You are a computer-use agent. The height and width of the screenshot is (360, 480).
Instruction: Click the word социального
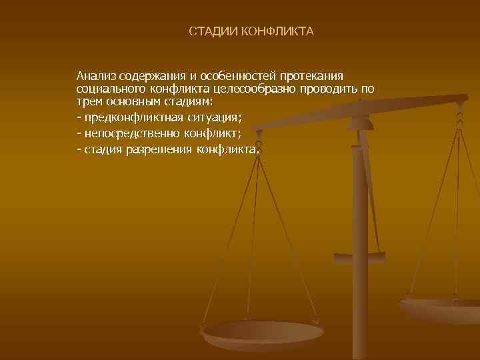pyautogui.click(x=109, y=89)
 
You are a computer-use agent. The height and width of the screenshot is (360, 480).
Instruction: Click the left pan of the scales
pyautogui.click(x=263, y=332)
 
